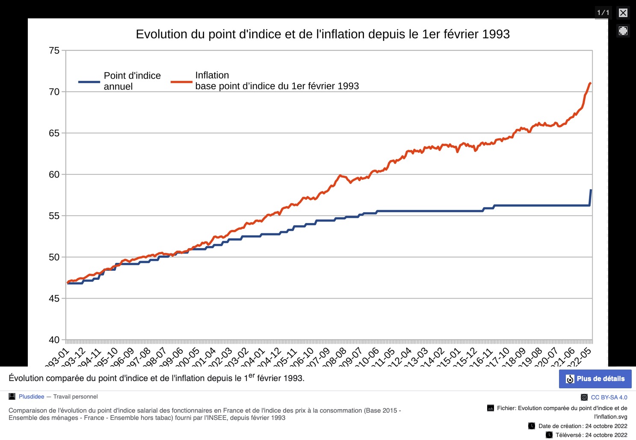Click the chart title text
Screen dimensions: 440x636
tap(322, 34)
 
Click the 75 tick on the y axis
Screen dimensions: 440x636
tap(54, 51)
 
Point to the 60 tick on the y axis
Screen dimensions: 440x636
tap(54, 174)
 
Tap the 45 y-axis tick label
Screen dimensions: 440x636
tap(54, 299)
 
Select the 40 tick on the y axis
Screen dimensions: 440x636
tap(54, 340)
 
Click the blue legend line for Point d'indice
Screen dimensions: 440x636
tap(89, 82)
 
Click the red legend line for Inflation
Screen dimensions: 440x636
tap(181, 82)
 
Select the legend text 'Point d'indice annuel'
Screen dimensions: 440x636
tap(132, 81)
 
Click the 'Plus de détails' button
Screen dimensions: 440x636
tap(595, 379)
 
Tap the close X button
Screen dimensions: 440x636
tap(623, 13)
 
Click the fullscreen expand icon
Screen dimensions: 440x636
tap(623, 31)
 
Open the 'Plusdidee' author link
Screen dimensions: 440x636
tap(31, 397)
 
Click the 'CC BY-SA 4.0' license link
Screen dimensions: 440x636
tap(609, 397)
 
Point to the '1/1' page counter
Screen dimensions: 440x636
tap(603, 13)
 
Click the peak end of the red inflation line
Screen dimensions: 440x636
tap(590, 83)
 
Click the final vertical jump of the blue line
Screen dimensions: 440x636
tap(591, 197)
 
